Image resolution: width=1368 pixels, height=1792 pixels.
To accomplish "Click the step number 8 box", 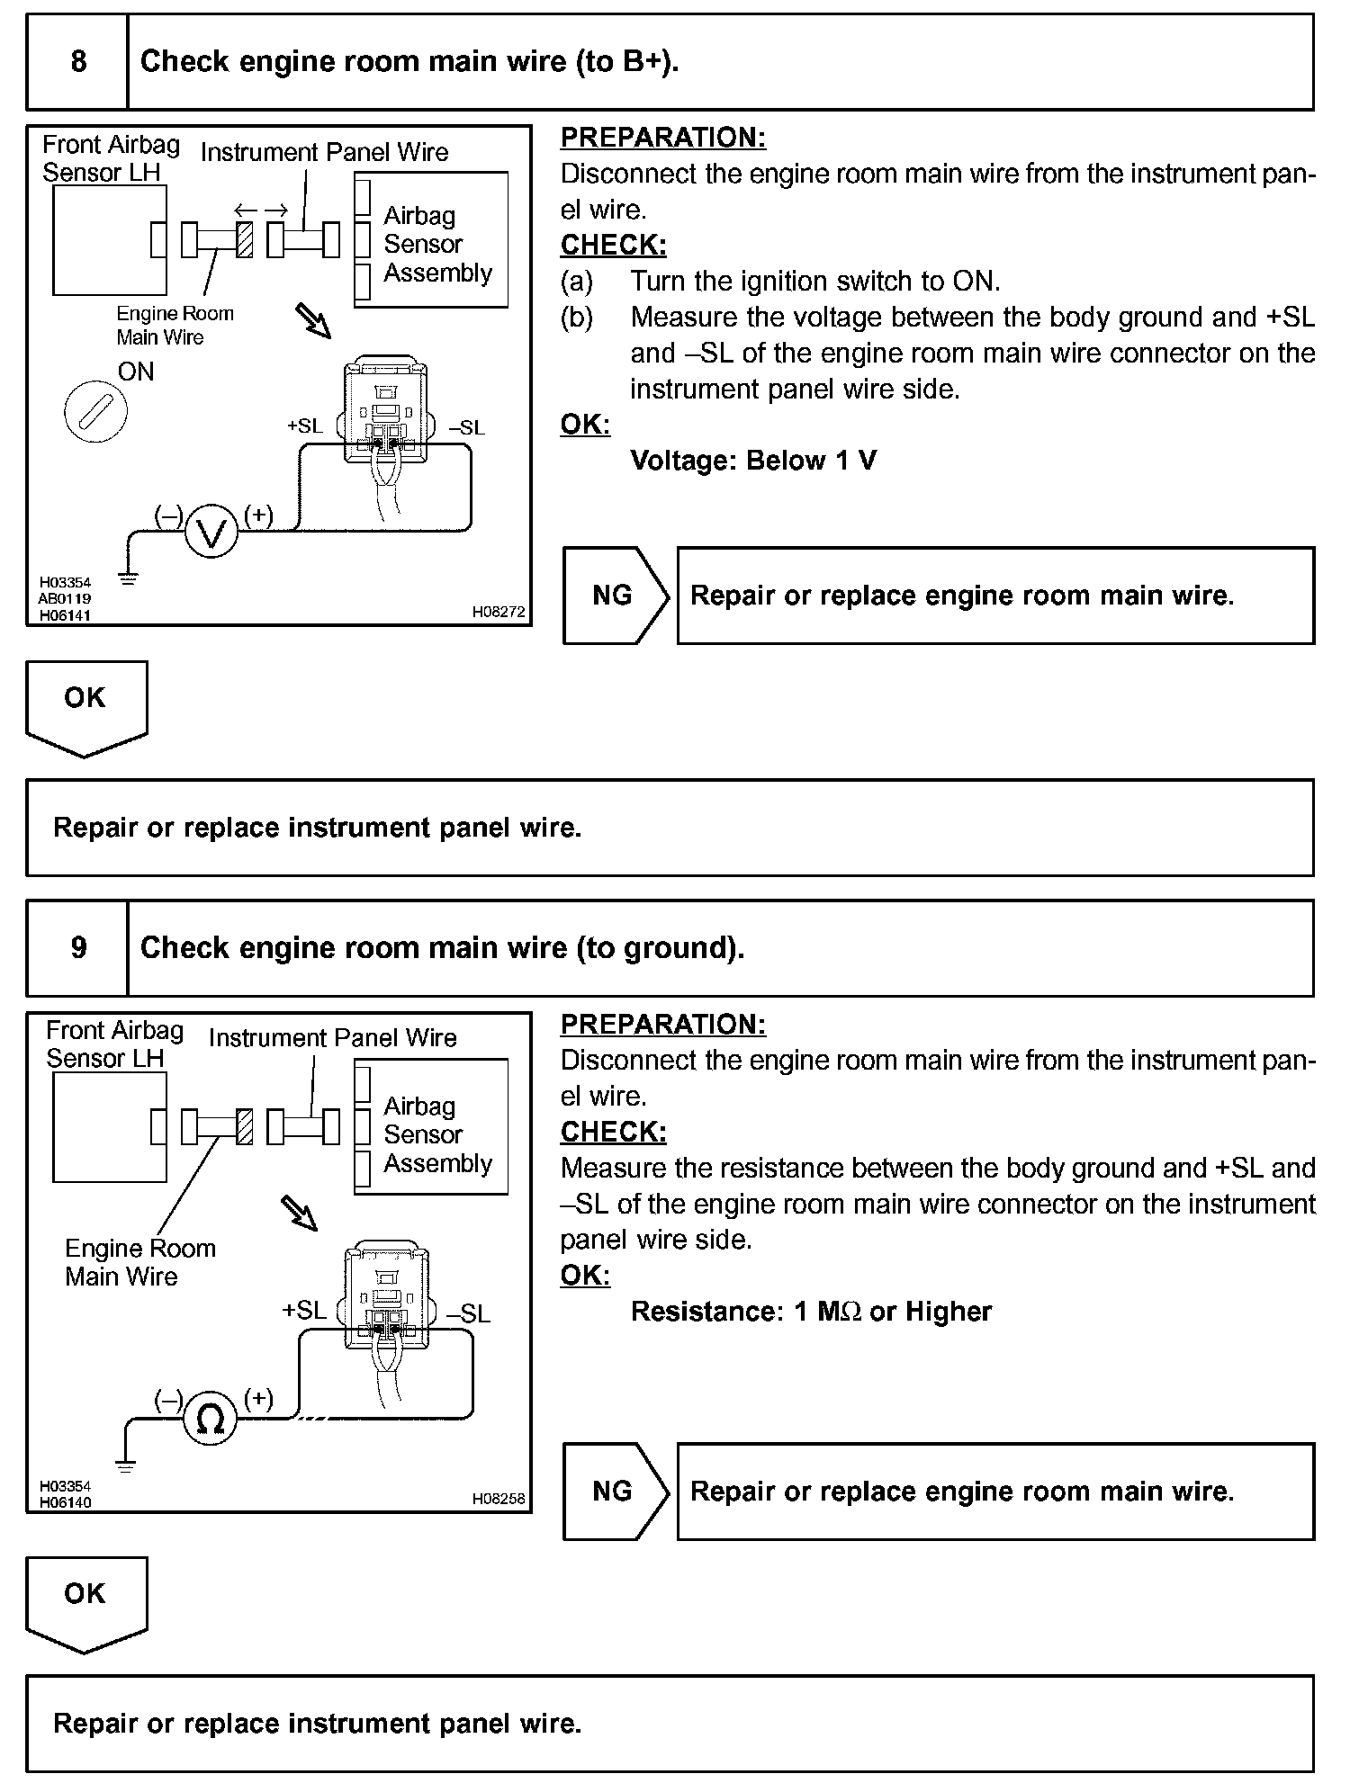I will click(78, 62).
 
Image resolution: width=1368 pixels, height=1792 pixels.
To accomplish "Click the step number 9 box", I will click(78, 948).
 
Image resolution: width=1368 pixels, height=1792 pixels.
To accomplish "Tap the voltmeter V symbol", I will click(211, 534).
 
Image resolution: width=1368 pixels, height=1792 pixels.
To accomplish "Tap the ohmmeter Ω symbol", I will click(210, 1419).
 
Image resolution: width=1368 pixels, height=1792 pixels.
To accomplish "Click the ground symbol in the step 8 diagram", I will click(129, 578).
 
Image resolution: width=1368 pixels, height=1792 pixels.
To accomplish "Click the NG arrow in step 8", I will click(615, 596).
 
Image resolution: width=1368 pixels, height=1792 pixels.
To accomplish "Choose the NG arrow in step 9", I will click(615, 1492).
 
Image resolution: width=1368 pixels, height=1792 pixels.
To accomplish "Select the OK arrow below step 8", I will click(86, 706).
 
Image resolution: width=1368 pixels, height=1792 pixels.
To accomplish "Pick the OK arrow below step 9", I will click(86, 1602).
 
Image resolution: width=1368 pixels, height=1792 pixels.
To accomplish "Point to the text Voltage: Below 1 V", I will click(753, 461).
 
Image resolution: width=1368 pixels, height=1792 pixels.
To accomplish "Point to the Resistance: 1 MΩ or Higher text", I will click(811, 1312).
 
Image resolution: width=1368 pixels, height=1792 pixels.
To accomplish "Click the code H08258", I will click(499, 1499).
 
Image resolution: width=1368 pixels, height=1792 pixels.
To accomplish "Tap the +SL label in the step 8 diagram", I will click(304, 426).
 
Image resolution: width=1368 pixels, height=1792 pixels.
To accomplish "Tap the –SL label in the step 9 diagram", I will click(469, 1314).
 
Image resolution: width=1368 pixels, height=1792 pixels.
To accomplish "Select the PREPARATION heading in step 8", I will click(663, 138).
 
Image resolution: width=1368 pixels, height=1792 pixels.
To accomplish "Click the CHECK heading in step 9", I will click(614, 1132).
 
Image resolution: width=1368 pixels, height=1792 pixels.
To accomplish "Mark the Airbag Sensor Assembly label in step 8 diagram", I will click(437, 244).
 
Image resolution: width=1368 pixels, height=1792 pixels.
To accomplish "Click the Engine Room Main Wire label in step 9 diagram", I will click(140, 1262).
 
